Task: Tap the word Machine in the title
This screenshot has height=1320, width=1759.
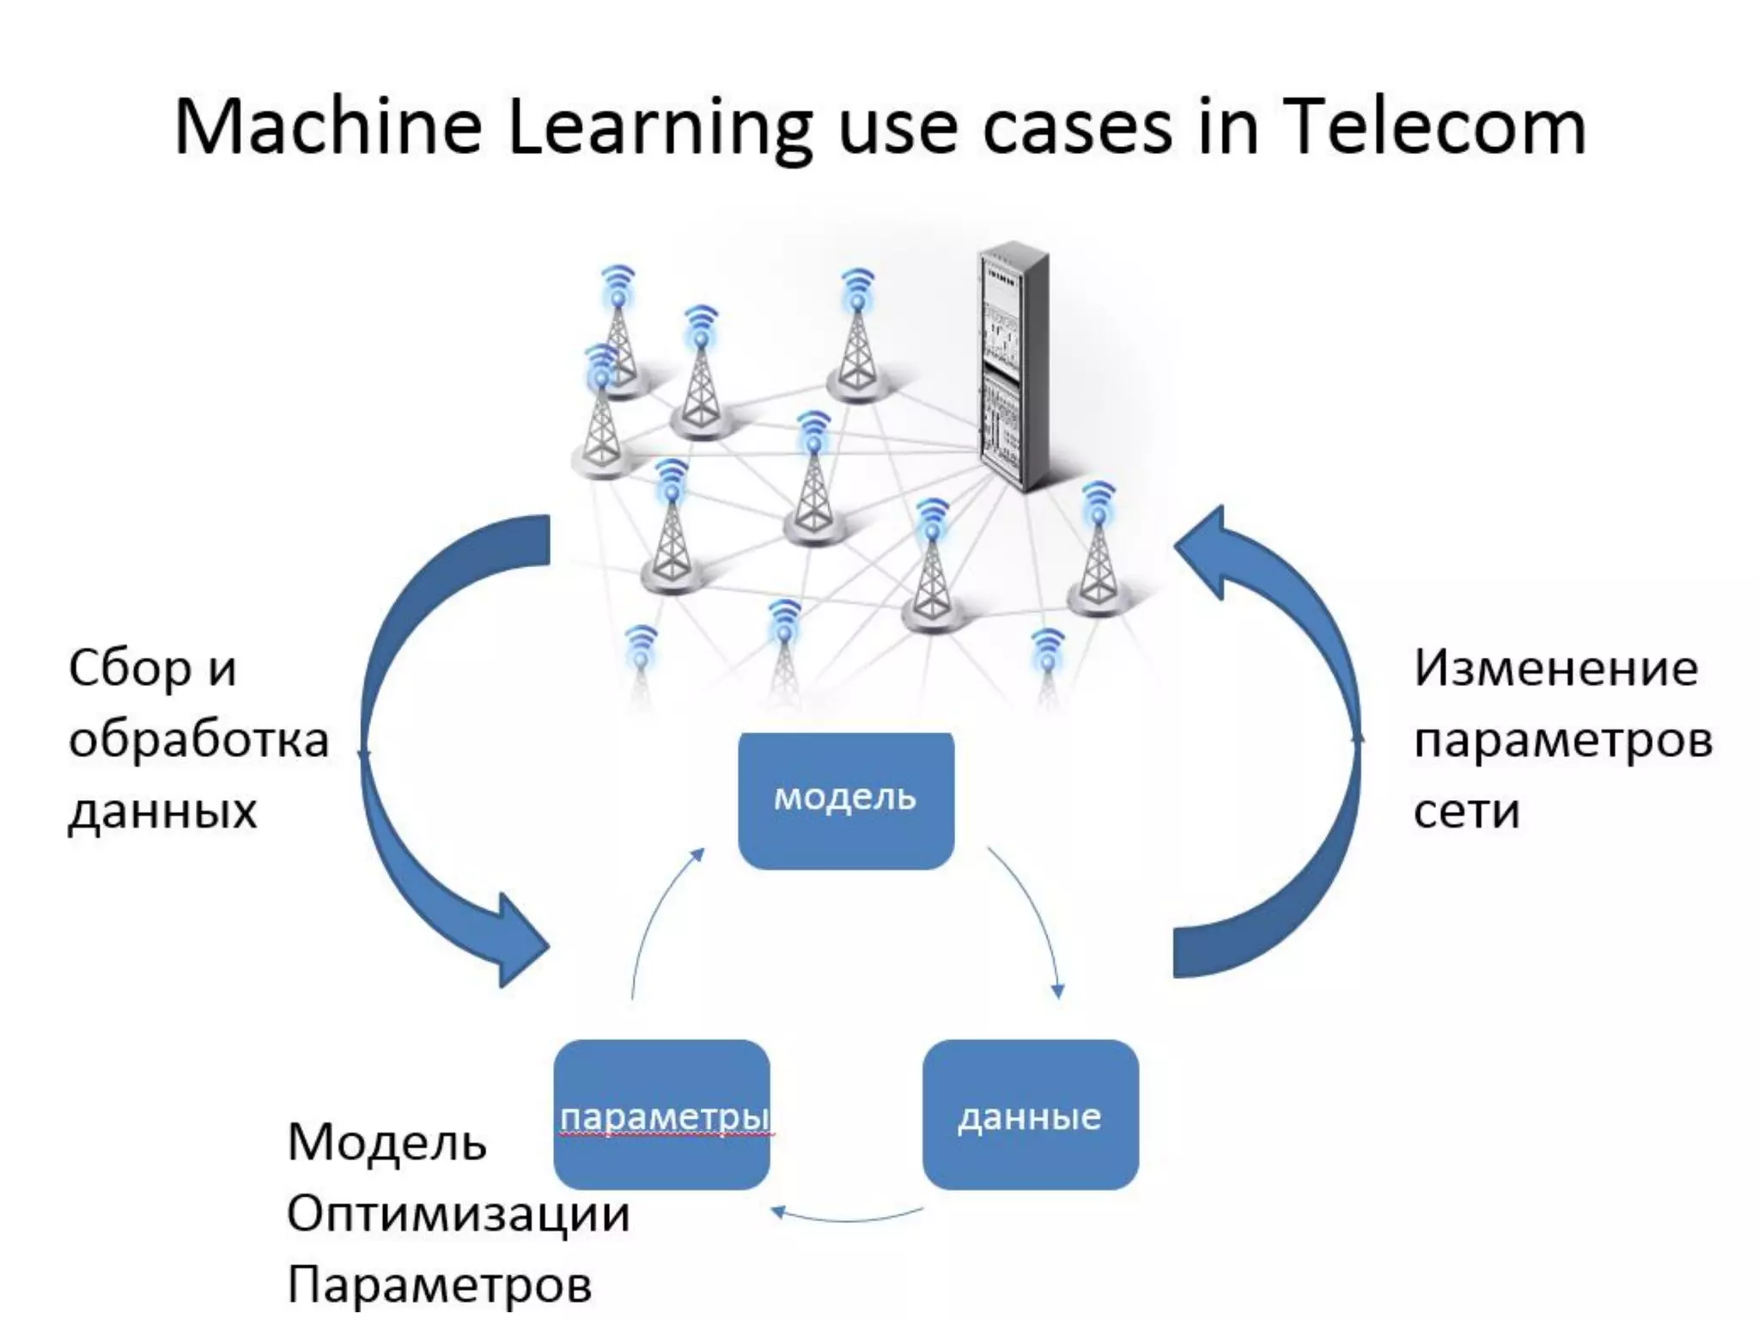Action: click(327, 127)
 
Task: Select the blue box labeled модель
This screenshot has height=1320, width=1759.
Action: click(845, 799)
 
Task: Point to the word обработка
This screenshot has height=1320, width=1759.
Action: click(198, 740)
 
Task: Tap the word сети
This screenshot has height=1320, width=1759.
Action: click(1466, 811)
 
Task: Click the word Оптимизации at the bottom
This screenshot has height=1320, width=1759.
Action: click(458, 1213)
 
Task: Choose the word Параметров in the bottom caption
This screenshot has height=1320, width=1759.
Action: click(439, 1285)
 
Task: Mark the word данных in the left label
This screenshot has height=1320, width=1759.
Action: click(162, 811)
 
